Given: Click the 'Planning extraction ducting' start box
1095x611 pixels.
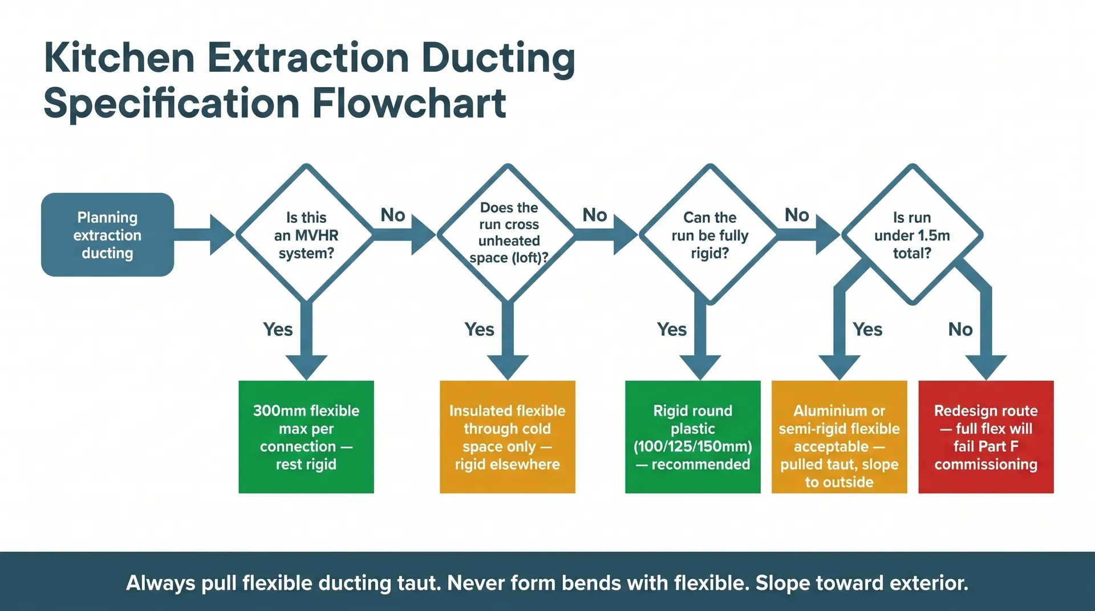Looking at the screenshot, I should pos(107,235).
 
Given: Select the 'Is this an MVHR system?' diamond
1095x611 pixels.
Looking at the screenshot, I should pos(306,234).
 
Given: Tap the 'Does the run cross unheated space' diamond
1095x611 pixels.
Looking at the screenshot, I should pos(508,233).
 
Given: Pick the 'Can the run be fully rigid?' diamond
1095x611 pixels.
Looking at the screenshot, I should pos(709,235).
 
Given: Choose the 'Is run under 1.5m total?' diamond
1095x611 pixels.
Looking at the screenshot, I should pos(912,235).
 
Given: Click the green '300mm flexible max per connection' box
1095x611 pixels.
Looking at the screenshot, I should pos(306,437).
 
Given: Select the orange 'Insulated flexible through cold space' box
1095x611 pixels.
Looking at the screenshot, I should pos(507,437).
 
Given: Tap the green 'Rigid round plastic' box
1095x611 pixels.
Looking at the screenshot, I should pos(692,437).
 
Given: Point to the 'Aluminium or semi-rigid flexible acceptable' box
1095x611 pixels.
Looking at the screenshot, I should pos(839,437).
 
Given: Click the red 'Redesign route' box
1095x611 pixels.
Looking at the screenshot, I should pos(985,437).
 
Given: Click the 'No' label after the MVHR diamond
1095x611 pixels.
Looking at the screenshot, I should pos(393,215).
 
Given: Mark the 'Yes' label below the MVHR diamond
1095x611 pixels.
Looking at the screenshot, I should pos(278,329).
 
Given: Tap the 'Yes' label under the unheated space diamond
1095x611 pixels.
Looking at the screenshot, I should pos(479,329).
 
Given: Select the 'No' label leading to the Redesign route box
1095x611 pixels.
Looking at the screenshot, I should pos(960,329).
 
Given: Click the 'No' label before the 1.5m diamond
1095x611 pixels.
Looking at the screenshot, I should pos(797,215).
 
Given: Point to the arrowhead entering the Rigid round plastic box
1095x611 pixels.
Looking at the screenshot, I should pos(700,366).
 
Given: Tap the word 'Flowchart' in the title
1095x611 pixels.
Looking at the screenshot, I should pos(409,104).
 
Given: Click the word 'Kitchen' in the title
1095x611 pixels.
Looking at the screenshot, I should pos(119,58).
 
